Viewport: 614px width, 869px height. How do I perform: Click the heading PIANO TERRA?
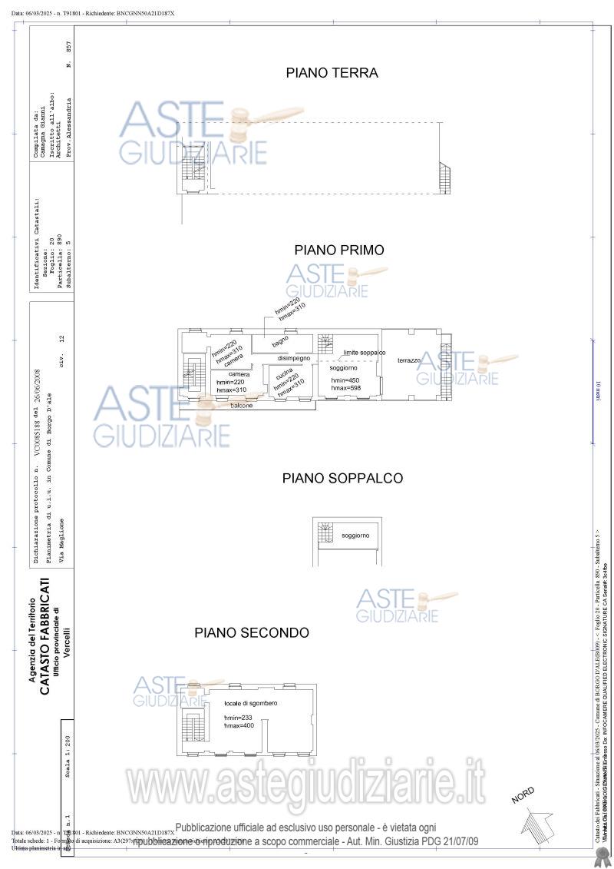pyautogui.click(x=332, y=74)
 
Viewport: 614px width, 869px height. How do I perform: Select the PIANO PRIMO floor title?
pyautogui.click(x=339, y=250)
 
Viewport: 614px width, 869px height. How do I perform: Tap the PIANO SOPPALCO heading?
pyautogui.click(x=342, y=479)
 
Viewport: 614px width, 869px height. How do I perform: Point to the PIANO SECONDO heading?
pyautogui.click(x=252, y=633)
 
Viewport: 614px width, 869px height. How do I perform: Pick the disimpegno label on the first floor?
pyautogui.click(x=294, y=358)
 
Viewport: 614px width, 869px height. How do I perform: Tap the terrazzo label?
pyautogui.click(x=409, y=360)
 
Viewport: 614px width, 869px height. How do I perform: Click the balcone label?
pyautogui.click(x=242, y=405)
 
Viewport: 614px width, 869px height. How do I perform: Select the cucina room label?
pyautogui.click(x=283, y=371)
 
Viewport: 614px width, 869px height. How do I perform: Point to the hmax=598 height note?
pyautogui.click(x=346, y=389)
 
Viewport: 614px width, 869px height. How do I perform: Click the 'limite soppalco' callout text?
pyautogui.click(x=364, y=352)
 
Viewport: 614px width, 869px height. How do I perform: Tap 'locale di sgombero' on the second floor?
pyautogui.click(x=251, y=704)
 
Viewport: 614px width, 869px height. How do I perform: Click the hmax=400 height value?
pyautogui.click(x=239, y=725)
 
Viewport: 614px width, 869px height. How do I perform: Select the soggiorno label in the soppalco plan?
pyautogui.click(x=355, y=536)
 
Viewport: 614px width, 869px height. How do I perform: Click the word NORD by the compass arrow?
pyautogui.click(x=523, y=795)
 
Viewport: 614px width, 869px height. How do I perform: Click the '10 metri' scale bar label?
pyautogui.click(x=599, y=392)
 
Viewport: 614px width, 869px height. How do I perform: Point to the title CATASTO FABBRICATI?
pyautogui.click(x=45, y=635)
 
